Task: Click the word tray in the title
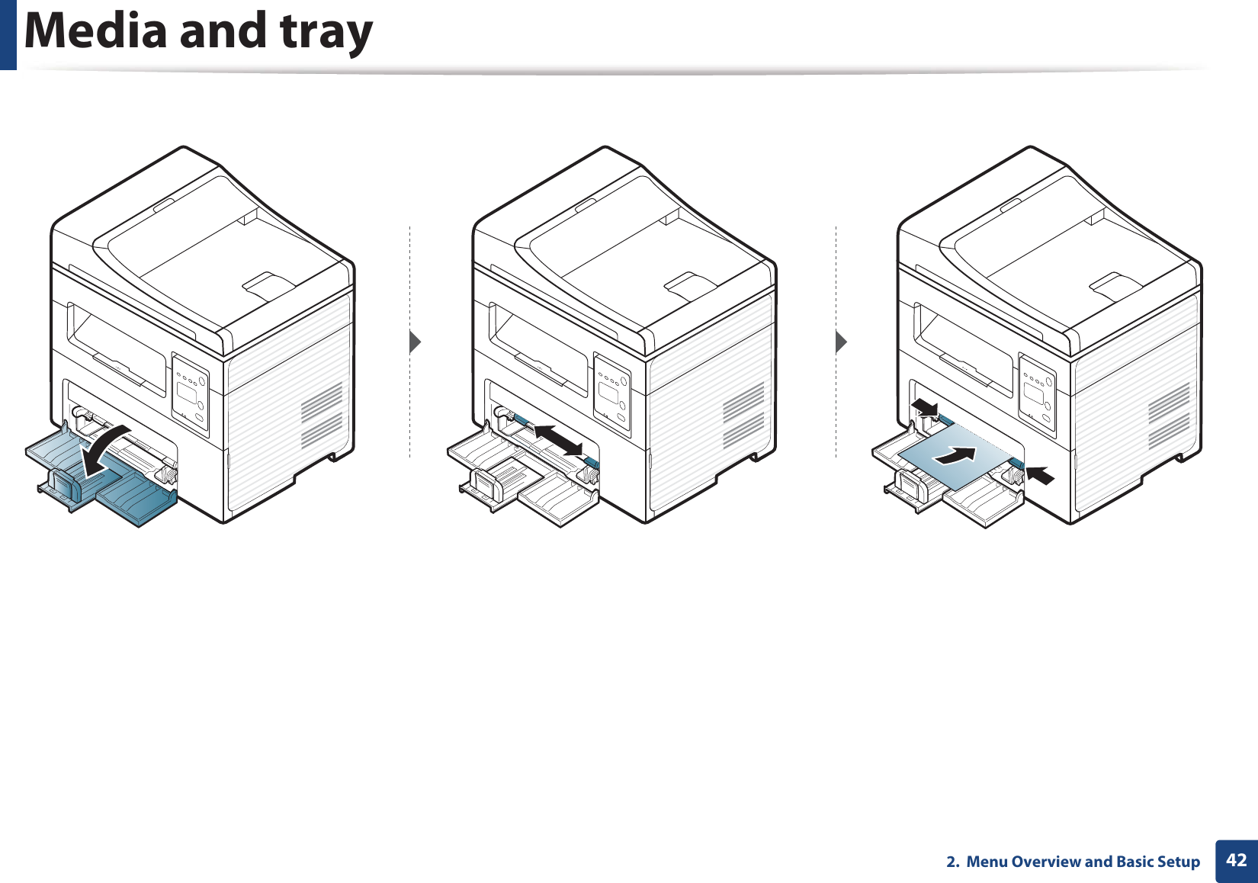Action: tap(326, 32)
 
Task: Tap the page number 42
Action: tap(1237, 861)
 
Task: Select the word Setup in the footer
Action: tap(1178, 862)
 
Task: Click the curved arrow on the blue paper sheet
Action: tap(955, 456)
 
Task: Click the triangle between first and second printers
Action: tap(415, 342)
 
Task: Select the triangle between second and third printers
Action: tap(841, 342)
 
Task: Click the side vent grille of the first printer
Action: tap(322, 416)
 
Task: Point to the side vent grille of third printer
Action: tap(1169, 416)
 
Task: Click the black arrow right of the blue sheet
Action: tap(1040, 474)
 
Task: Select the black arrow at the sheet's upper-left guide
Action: tap(925, 406)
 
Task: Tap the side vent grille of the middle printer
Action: tap(743, 416)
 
